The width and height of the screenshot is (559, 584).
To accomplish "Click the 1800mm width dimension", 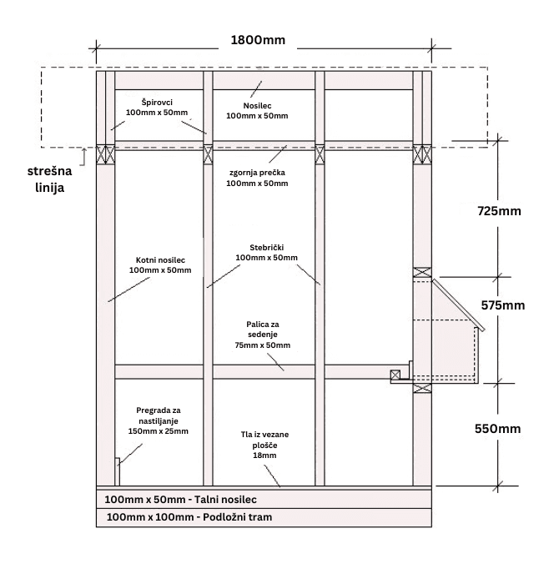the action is point(258,40).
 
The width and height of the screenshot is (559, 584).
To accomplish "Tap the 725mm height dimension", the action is point(499,211).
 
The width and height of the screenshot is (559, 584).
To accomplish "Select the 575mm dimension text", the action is point(503,305).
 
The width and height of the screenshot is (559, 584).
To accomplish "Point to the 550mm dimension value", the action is point(497,429).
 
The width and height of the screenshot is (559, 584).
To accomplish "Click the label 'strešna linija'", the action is point(49,179).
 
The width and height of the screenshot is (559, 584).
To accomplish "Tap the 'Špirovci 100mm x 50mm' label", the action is point(157,108).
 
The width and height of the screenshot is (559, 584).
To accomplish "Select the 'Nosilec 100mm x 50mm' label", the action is point(257,111).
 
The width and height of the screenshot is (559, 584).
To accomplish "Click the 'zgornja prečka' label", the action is point(257,173).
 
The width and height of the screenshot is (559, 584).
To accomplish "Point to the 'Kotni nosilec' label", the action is point(160,260).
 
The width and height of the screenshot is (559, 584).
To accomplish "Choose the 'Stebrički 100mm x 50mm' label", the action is point(266,253).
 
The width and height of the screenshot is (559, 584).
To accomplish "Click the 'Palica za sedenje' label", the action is point(263,330).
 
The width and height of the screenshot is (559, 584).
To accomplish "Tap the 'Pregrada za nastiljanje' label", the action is point(159,415).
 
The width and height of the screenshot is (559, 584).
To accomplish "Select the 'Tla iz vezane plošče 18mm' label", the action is point(264,445).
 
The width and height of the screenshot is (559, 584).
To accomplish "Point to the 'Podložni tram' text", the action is point(237,517).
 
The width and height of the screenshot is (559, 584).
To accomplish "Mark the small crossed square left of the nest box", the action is point(395,375).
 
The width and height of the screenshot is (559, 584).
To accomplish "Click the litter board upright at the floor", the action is point(118,472).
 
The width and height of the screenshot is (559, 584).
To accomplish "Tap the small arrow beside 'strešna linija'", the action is point(83,157).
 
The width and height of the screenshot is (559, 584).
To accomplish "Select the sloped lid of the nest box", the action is point(458,305).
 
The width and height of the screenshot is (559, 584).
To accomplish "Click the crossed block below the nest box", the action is point(422,388).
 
